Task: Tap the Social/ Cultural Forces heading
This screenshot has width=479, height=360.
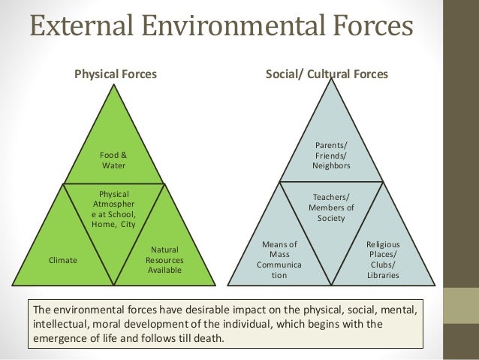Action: tap(327, 74)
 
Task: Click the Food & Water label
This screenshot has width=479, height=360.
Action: tap(114, 160)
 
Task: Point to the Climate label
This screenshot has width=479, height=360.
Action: tap(63, 260)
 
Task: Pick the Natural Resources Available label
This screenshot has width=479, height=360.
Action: tap(164, 259)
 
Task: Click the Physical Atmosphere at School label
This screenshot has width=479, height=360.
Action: tap(113, 208)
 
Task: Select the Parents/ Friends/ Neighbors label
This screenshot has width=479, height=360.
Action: tap(330, 155)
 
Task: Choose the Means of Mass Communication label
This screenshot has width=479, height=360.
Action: tap(279, 259)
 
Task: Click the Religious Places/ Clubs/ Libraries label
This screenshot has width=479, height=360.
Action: tap(383, 259)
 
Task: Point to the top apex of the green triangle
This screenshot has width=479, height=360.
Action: tap(114, 83)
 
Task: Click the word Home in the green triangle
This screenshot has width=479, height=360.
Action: tap(103, 223)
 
